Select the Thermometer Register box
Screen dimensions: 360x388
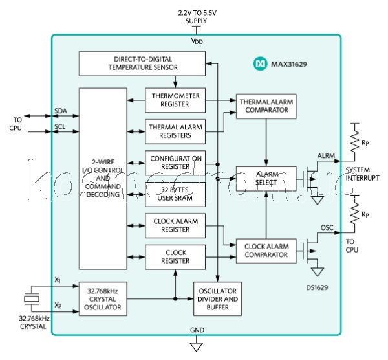174,100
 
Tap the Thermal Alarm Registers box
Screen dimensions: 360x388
174,131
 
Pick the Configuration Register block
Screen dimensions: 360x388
174,163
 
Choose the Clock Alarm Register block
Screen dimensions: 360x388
174,225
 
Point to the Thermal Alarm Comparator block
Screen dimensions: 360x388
267,107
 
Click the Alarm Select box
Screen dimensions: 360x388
267,178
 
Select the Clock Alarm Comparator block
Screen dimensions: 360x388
267,250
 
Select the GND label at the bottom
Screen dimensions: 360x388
197,348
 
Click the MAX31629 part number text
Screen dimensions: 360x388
288,65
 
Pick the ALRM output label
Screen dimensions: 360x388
326,156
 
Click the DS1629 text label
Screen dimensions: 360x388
316,287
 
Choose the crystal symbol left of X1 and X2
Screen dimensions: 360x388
30,298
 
